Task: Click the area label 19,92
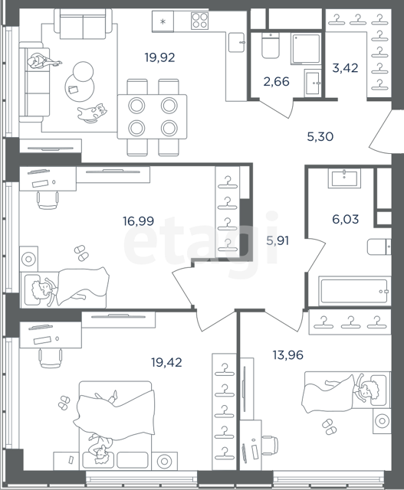(x=159, y=58)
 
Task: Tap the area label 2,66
(x=276, y=82)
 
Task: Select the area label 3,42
(x=345, y=68)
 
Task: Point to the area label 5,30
(x=320, y=137)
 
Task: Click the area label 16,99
(x=138, y=221)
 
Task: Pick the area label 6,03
(x=346, y=220)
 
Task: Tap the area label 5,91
(x=278, y=241)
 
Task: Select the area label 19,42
(x=166, y=362)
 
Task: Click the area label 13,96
(x=288, y=355)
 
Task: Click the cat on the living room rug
(x=92, y=113)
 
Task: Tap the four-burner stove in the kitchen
(x=199, y=21)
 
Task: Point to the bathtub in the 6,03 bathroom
(x=354, y=291)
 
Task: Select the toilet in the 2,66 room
(x=270, y=46)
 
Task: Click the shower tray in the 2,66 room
(x=306, y=48)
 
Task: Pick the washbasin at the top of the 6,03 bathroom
(x=344, y=178)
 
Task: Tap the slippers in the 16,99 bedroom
(x=81, y=253)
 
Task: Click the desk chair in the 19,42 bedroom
(x=50, y=358)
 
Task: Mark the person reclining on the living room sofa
(x=43, y=61)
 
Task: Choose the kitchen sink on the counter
(x=236, y=42)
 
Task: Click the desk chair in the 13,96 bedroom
(x=269, y=446)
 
